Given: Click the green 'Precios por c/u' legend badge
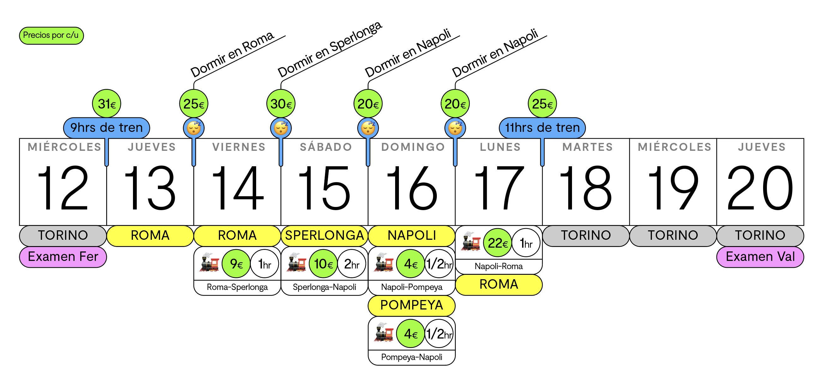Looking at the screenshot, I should coord(51,36).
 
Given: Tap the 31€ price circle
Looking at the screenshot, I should coord(107,104).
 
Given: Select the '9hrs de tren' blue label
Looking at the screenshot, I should coord(107,128).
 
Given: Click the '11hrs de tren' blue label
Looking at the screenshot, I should coord(542,128).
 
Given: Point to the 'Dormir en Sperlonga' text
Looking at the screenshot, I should coord(330,49).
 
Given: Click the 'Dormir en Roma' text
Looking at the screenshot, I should coord(232,54).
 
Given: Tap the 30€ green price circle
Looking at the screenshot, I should coord(281,104).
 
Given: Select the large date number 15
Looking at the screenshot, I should coord(324,188).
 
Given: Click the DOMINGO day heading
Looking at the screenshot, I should coord(413,147).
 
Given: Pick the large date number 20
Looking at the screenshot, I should coord(760,188).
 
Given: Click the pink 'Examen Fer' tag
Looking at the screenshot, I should coord(63,256).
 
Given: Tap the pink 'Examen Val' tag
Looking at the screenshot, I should coord(760,256).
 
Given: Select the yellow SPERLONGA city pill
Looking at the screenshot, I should coord(324,235).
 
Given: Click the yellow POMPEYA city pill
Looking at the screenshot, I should coord(412,305).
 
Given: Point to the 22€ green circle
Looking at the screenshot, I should coord(497,243).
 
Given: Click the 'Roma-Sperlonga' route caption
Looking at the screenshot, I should coord(237,287).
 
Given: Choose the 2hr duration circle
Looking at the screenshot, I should coord(352,264).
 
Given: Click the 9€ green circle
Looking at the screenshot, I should coord(236,264).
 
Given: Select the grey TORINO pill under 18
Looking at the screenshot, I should coord(586,235).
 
